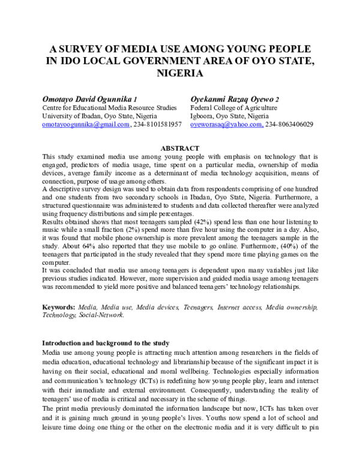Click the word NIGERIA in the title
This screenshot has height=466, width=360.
coord(179,73)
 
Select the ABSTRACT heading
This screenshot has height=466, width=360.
coord(179,148)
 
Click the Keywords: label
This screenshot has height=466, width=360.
coord(61,307)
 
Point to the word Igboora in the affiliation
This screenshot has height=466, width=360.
coord(204,116)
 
